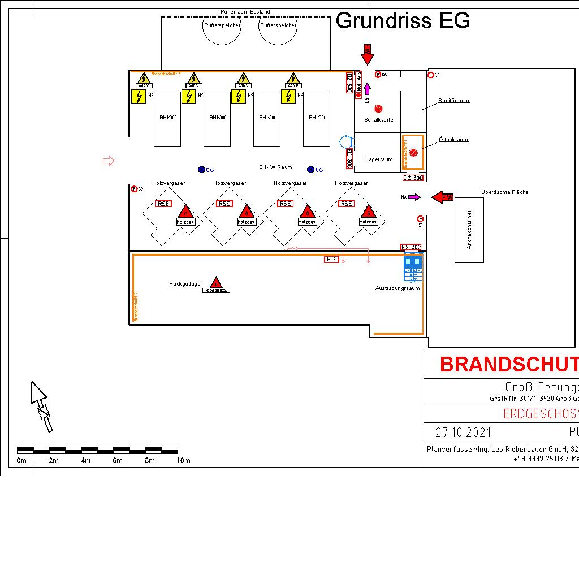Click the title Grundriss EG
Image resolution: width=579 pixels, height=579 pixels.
[403, 21]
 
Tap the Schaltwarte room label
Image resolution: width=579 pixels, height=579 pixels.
[378, 120]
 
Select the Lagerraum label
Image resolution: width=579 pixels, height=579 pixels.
[378, 159]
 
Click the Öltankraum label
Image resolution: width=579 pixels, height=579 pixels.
[454, 140]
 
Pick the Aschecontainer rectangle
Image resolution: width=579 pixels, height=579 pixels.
[469, 230]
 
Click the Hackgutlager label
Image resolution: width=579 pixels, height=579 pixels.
[185, 284]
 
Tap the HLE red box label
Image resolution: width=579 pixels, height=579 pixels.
[331, 260]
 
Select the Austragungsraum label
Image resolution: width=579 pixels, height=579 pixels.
[397, 288]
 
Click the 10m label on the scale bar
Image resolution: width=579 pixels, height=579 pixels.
[183, 461]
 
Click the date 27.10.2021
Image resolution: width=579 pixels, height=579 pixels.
[463, 433]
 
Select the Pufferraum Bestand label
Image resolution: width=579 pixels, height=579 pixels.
[245, 12]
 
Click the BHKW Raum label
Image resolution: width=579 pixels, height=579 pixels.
[275, 167]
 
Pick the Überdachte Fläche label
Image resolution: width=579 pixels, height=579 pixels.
[504, 192]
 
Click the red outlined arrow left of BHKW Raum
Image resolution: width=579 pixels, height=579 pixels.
[109, 161]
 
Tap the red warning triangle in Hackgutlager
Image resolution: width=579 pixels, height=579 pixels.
[215, 282]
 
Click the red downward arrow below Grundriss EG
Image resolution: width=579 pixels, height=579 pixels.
[368, 54]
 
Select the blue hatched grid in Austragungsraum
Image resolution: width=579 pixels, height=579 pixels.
[414, 261]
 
